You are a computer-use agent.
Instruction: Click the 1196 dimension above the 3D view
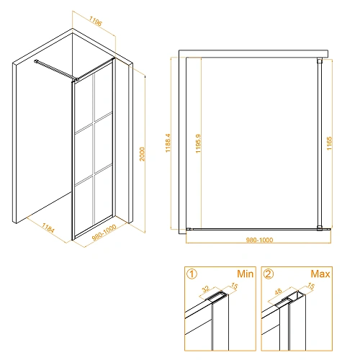pos(96,21)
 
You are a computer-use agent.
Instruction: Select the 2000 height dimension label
pos(143,154)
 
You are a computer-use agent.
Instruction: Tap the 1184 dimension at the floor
pos(48,228)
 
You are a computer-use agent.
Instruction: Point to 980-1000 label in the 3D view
pos(104,233)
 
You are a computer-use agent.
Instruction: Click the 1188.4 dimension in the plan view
pos(168,143)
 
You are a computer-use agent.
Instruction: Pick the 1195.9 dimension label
pos(198,143)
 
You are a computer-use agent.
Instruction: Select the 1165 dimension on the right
pos(329,143)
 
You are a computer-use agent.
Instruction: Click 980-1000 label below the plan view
pos(259,240)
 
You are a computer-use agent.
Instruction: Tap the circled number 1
pos(192,274)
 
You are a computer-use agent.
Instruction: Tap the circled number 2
pos(269,274)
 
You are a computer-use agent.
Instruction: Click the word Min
pos(245,274)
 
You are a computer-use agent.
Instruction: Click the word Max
pos(320,274)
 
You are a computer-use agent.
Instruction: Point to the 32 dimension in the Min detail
pos(206,289)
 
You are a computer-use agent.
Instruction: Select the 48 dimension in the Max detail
pos(278,292)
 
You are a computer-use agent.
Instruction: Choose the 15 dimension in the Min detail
pos(234,286)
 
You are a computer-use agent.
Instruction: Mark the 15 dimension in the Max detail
pos(311,286)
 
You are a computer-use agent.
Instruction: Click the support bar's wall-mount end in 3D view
pos(36,61)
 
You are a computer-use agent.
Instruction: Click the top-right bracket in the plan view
pos(320,60)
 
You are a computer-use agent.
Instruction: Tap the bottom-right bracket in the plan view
pos(320,228)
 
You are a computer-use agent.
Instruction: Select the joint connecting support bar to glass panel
pos(76,79)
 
